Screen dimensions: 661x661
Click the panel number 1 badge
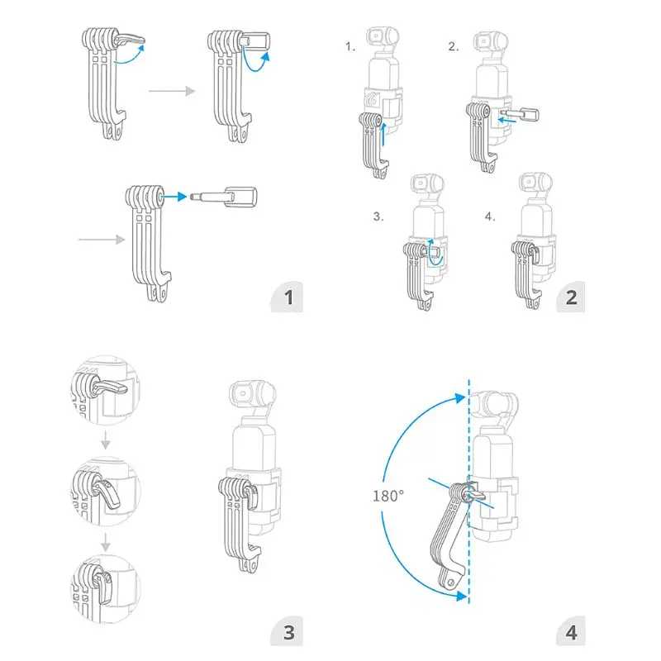point(287,297)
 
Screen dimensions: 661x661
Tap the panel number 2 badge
point(571,297)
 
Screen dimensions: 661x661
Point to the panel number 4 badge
point(571,631)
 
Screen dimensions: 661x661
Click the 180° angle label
point(388,496)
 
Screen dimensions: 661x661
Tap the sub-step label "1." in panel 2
point(350,46)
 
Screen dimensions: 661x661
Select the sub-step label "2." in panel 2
point(454,46)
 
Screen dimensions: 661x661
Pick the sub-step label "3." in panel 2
point(378,216)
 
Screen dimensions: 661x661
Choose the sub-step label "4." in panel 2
point(490,216)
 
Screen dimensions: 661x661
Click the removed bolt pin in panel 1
point(223,197)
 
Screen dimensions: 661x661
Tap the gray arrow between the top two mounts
point(172,91)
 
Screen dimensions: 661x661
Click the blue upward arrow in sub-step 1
point(383,134)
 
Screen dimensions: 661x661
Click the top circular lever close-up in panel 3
point(106,390)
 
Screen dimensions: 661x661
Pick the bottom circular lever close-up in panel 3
point(106,589)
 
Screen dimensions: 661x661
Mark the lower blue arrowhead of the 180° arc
point(461,595)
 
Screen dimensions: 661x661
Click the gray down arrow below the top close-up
point(106,440)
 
